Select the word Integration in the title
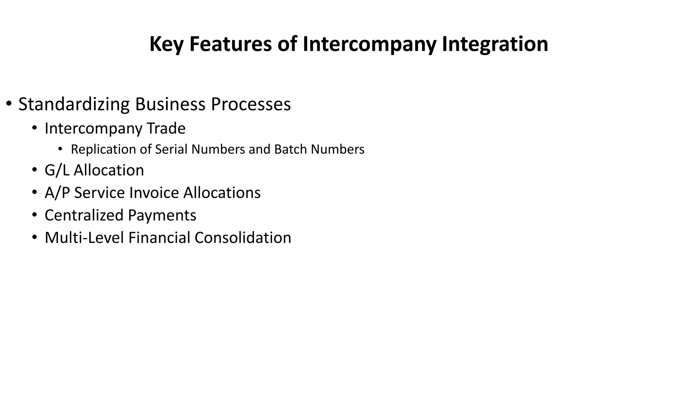[495, 44]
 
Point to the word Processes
[251, 104]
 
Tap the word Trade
[166, 129]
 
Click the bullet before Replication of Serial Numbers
[60, 149]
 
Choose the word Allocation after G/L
[109, 170]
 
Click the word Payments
[162, 215]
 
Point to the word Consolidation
[243, 238]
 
